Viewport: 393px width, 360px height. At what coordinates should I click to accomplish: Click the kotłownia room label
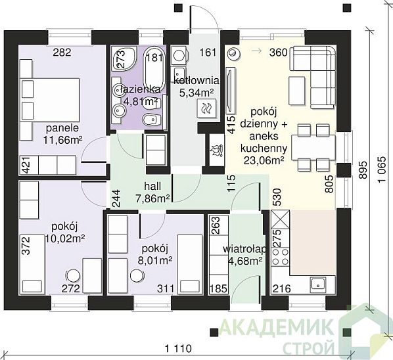point(196,81)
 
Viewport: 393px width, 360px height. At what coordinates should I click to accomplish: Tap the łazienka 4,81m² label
point(141,95)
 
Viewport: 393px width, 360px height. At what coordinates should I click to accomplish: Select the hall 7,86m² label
point(152,192)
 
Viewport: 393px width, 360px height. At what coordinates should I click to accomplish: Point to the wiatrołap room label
point(244,249)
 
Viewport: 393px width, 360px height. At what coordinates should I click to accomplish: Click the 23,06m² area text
point(264,160)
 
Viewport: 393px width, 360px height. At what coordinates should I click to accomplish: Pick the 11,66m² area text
point(62,140)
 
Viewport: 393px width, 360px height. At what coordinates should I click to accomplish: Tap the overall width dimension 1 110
point(179,348)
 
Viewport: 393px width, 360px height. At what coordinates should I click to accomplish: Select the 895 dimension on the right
point(363,169)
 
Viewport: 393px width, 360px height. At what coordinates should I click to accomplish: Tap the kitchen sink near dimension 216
point(318,285)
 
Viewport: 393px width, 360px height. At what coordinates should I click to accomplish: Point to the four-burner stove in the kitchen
point(280,257)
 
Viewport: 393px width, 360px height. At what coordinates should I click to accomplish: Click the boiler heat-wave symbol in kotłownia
point(206,108)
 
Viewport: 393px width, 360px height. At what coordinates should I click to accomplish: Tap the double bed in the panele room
point(49,101)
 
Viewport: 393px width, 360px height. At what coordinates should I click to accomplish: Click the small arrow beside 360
point(256,51)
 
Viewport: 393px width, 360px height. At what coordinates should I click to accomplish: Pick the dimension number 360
point(278,53)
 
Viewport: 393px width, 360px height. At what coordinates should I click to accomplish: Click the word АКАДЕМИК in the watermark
point(277,326)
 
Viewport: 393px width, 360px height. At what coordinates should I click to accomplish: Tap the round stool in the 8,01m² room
point(137,276)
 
